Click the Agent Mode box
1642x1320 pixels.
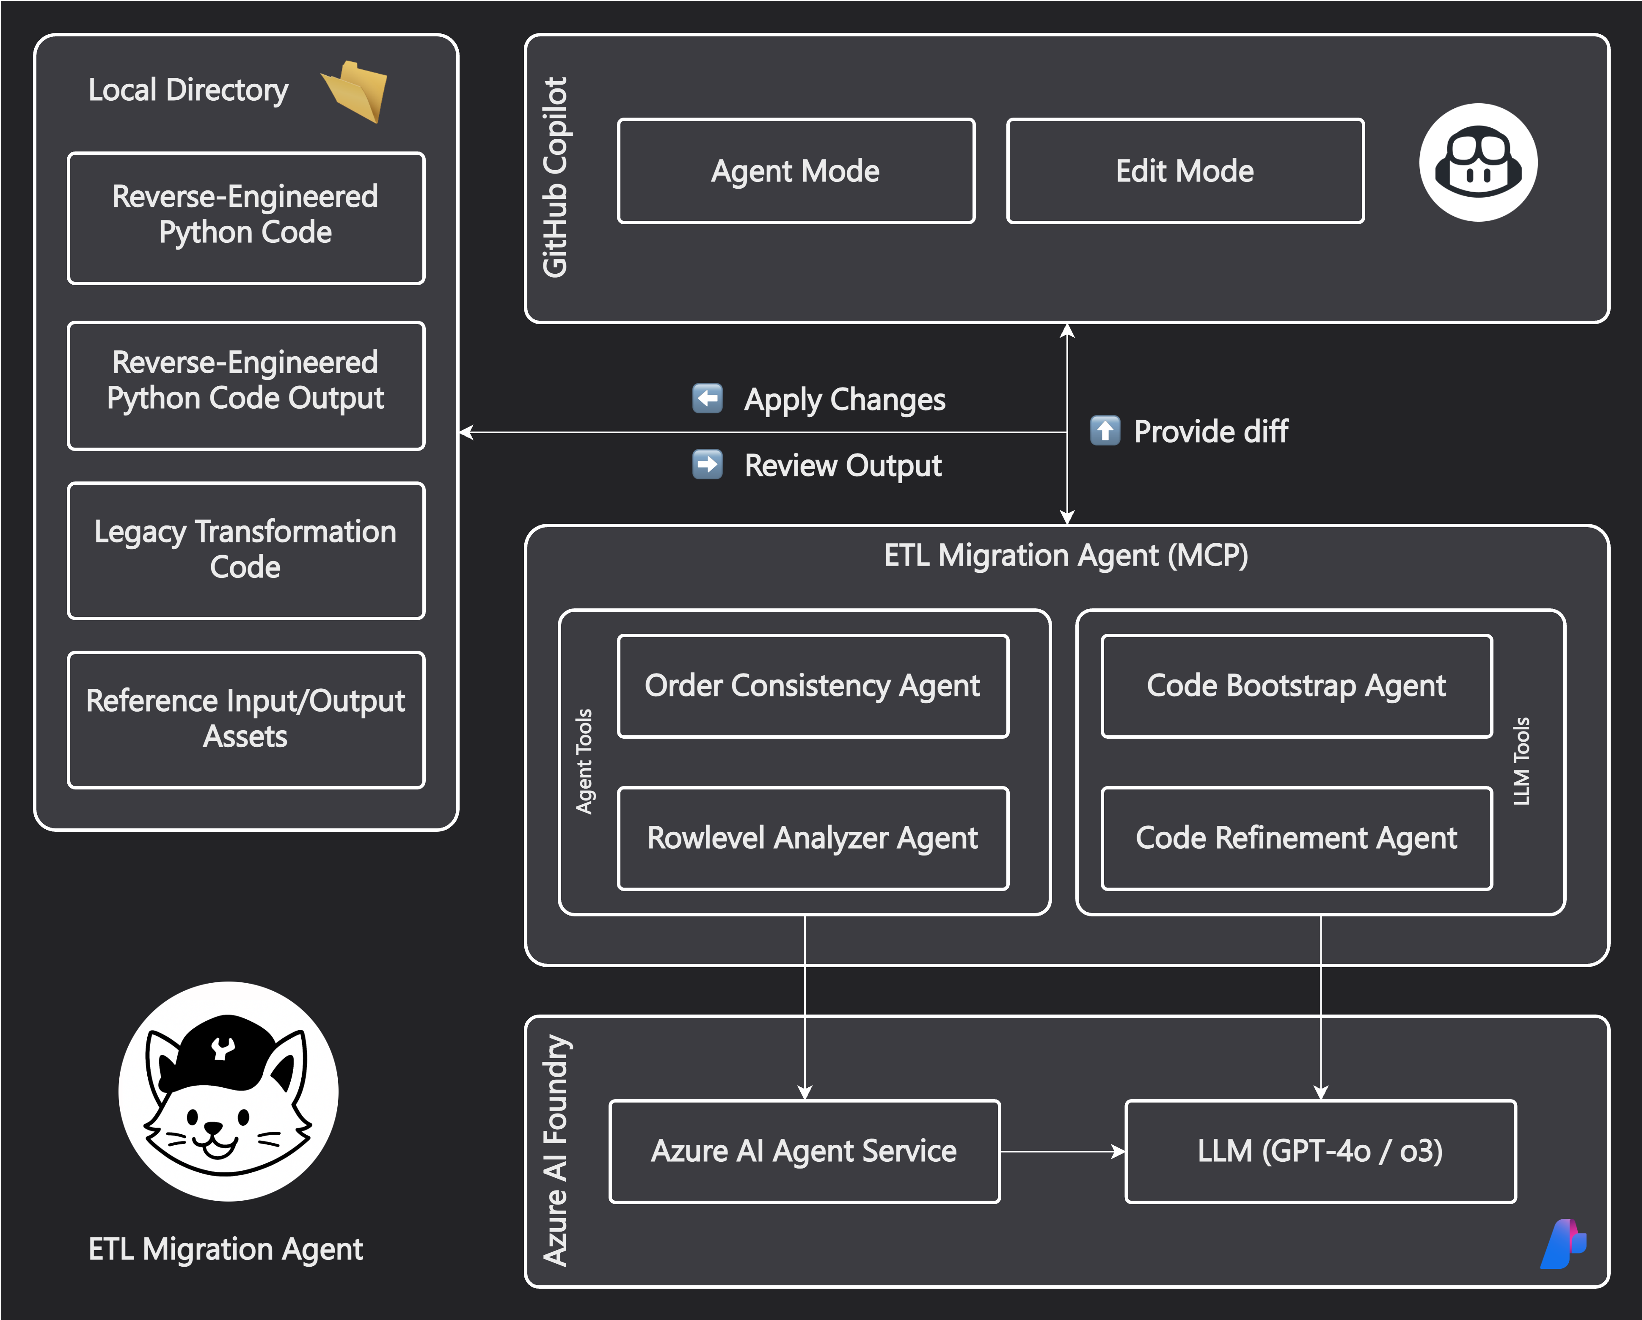coord(796,171)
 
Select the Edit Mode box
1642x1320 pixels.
coord(1185,171)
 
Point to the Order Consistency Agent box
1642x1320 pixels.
coord(813,686)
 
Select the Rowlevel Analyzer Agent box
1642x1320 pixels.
coord(813,838)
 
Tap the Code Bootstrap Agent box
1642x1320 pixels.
coord(1296,686)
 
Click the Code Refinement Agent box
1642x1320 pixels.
coord(1296,838)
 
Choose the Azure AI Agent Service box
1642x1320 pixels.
coord(804,1151)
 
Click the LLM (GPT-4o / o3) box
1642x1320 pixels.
coord(1320,1151)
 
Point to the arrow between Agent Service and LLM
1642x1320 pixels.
coord(1062,1152)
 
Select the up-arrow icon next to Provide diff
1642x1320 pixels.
coord(1105,430)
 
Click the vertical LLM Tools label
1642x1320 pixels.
coord(1522,761)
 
